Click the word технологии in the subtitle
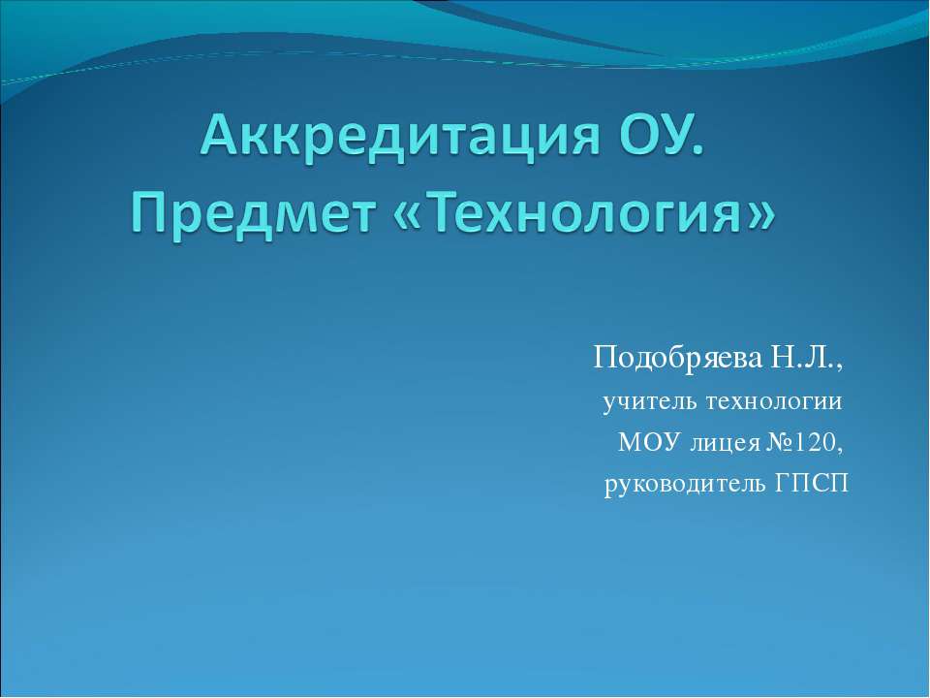[773, 402]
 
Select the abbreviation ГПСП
[812, 485]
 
